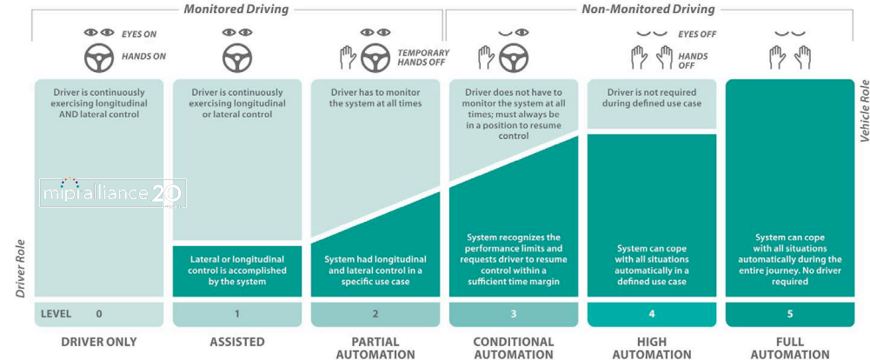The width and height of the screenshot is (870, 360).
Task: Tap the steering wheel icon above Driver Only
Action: pyautogui.click(x=98, y=57)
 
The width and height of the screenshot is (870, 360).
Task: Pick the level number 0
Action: pyautogui.click(x=98, y=313)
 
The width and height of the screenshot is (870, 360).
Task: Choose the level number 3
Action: pyautogui.click(x=513, y=313)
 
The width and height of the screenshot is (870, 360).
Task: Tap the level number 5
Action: pyautogui.click(x=789, y=313)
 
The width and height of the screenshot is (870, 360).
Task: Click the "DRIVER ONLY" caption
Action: pyautogui.click(x=98, y=342)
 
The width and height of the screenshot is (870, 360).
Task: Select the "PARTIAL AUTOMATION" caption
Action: pyautogui.click(x=375, y=348)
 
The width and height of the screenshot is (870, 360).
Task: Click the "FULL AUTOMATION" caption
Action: pyautogui.click(x=789, y=348)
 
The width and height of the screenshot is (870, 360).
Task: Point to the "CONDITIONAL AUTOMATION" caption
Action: pyautogui.click(x=513, y=348)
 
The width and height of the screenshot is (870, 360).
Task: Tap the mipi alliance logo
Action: pyautogui.click(x=110, y=192)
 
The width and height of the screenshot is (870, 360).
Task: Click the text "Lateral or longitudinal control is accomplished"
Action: pyautogui.click(x=236, y=264)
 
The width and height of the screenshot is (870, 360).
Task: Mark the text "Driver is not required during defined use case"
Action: pyautogui.click(x=651, y=97)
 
